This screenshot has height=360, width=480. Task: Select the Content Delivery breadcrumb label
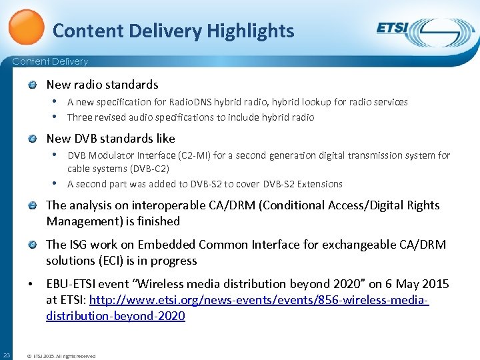point(51,61)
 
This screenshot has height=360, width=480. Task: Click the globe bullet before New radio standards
point(33,85)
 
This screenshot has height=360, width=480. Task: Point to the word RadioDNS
point(188,102)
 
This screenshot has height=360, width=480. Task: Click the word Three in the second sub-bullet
point(80,117)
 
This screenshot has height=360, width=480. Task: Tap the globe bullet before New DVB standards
point(33,139)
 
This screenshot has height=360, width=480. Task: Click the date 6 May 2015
point(407,285)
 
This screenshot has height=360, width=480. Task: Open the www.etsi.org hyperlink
point(259,301)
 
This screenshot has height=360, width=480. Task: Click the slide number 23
point(6,354)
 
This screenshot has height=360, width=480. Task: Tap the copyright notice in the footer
point(61,356)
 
